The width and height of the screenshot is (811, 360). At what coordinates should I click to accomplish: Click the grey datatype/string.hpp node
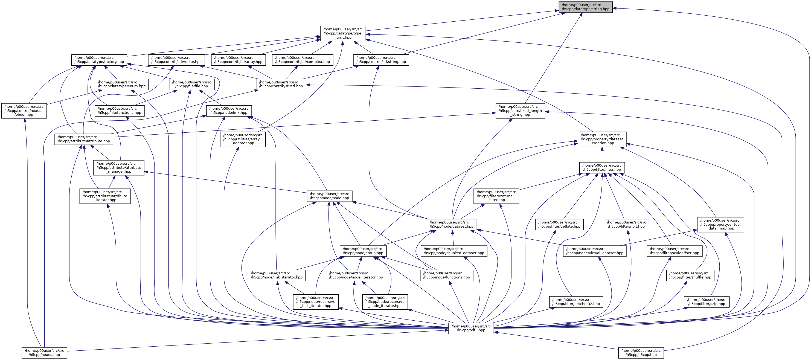point(586,7)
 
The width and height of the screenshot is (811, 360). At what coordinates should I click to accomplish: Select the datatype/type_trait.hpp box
point(343,33)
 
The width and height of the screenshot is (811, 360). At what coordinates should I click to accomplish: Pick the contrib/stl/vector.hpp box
point(176,60)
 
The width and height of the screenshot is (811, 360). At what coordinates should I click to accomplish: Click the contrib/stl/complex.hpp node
point(302,60)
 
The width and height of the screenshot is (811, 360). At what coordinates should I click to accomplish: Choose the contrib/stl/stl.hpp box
point(281,84)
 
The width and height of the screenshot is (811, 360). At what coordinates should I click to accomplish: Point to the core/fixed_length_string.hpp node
point(520,111)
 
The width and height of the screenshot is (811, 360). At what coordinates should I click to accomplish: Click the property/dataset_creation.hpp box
point(602,139)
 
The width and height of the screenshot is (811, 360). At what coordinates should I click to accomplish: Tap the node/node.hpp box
point(329,196)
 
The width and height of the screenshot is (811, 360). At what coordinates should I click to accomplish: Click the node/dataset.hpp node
point(452,224)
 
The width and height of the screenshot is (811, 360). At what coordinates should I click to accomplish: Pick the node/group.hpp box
point(363,251)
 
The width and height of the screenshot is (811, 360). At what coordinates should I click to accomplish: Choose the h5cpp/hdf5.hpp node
point(471,328)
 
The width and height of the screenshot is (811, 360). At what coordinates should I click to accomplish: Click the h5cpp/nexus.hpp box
point(44,352)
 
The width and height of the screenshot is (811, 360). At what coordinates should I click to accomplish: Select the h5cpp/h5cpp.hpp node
point(641,352)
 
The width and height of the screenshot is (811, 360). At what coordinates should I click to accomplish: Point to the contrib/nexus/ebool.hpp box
point(24,111)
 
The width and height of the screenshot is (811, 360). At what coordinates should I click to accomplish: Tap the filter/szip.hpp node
point(707,302)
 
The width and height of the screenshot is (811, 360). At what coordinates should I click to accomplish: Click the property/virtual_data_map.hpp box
point(720,224)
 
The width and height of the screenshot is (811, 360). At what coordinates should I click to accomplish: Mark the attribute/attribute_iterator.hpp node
point(105,196)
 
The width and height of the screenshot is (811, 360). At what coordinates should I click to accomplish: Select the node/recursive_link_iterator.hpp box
point(316,302)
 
